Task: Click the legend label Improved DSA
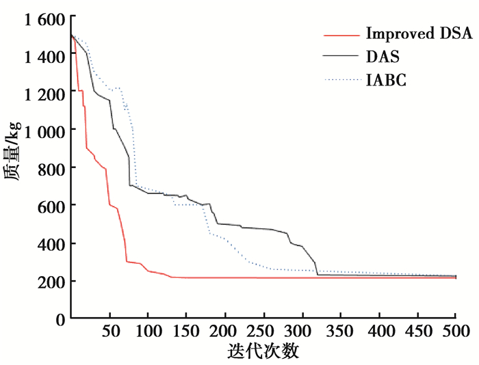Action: (419, 34)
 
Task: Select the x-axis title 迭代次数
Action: (263, 352)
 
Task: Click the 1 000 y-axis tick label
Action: (34, 130)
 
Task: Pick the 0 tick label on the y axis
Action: (60, 319)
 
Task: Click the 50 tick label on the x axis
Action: (109, 332)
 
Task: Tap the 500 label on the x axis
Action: (455, 332)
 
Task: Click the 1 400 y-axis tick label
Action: (34, 55)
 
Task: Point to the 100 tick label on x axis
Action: (148, 332)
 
